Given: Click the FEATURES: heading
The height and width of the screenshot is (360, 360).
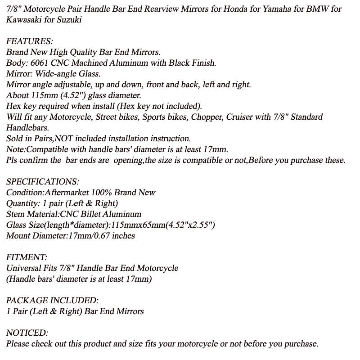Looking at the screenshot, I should (x=30, y=41).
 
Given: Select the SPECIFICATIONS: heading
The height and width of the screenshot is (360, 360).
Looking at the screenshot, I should (x=43, y=182).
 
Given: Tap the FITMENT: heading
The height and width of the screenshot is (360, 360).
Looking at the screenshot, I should (x=27, y=257).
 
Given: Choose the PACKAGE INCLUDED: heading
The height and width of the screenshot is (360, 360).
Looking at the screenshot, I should (x=52, y=301).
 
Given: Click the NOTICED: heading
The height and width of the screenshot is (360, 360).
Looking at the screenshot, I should (x=27, y=333).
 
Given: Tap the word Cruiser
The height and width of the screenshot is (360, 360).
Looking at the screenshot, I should (x=242, y=117).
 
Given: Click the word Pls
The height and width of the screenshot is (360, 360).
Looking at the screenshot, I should (x=13, y=160).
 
